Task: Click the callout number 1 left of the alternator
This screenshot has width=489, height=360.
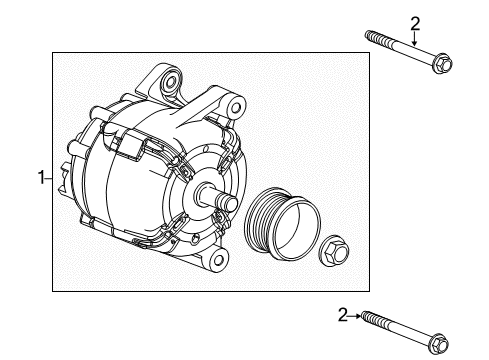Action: (x=41, y=178)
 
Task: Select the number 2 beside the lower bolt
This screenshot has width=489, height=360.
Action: (x=343, y=314)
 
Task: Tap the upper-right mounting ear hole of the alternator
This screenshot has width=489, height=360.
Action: (x=234, y=104)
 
